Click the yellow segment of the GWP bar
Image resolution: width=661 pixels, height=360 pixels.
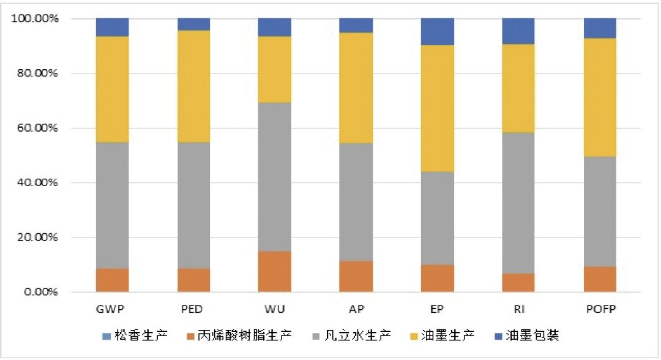[112, 89]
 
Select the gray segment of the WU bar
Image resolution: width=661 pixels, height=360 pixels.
[274, 177]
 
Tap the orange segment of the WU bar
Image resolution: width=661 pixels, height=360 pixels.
[274, 272]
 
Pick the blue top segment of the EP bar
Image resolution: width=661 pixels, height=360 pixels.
[438, 32]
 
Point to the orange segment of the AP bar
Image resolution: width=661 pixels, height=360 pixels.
[356, 277]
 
